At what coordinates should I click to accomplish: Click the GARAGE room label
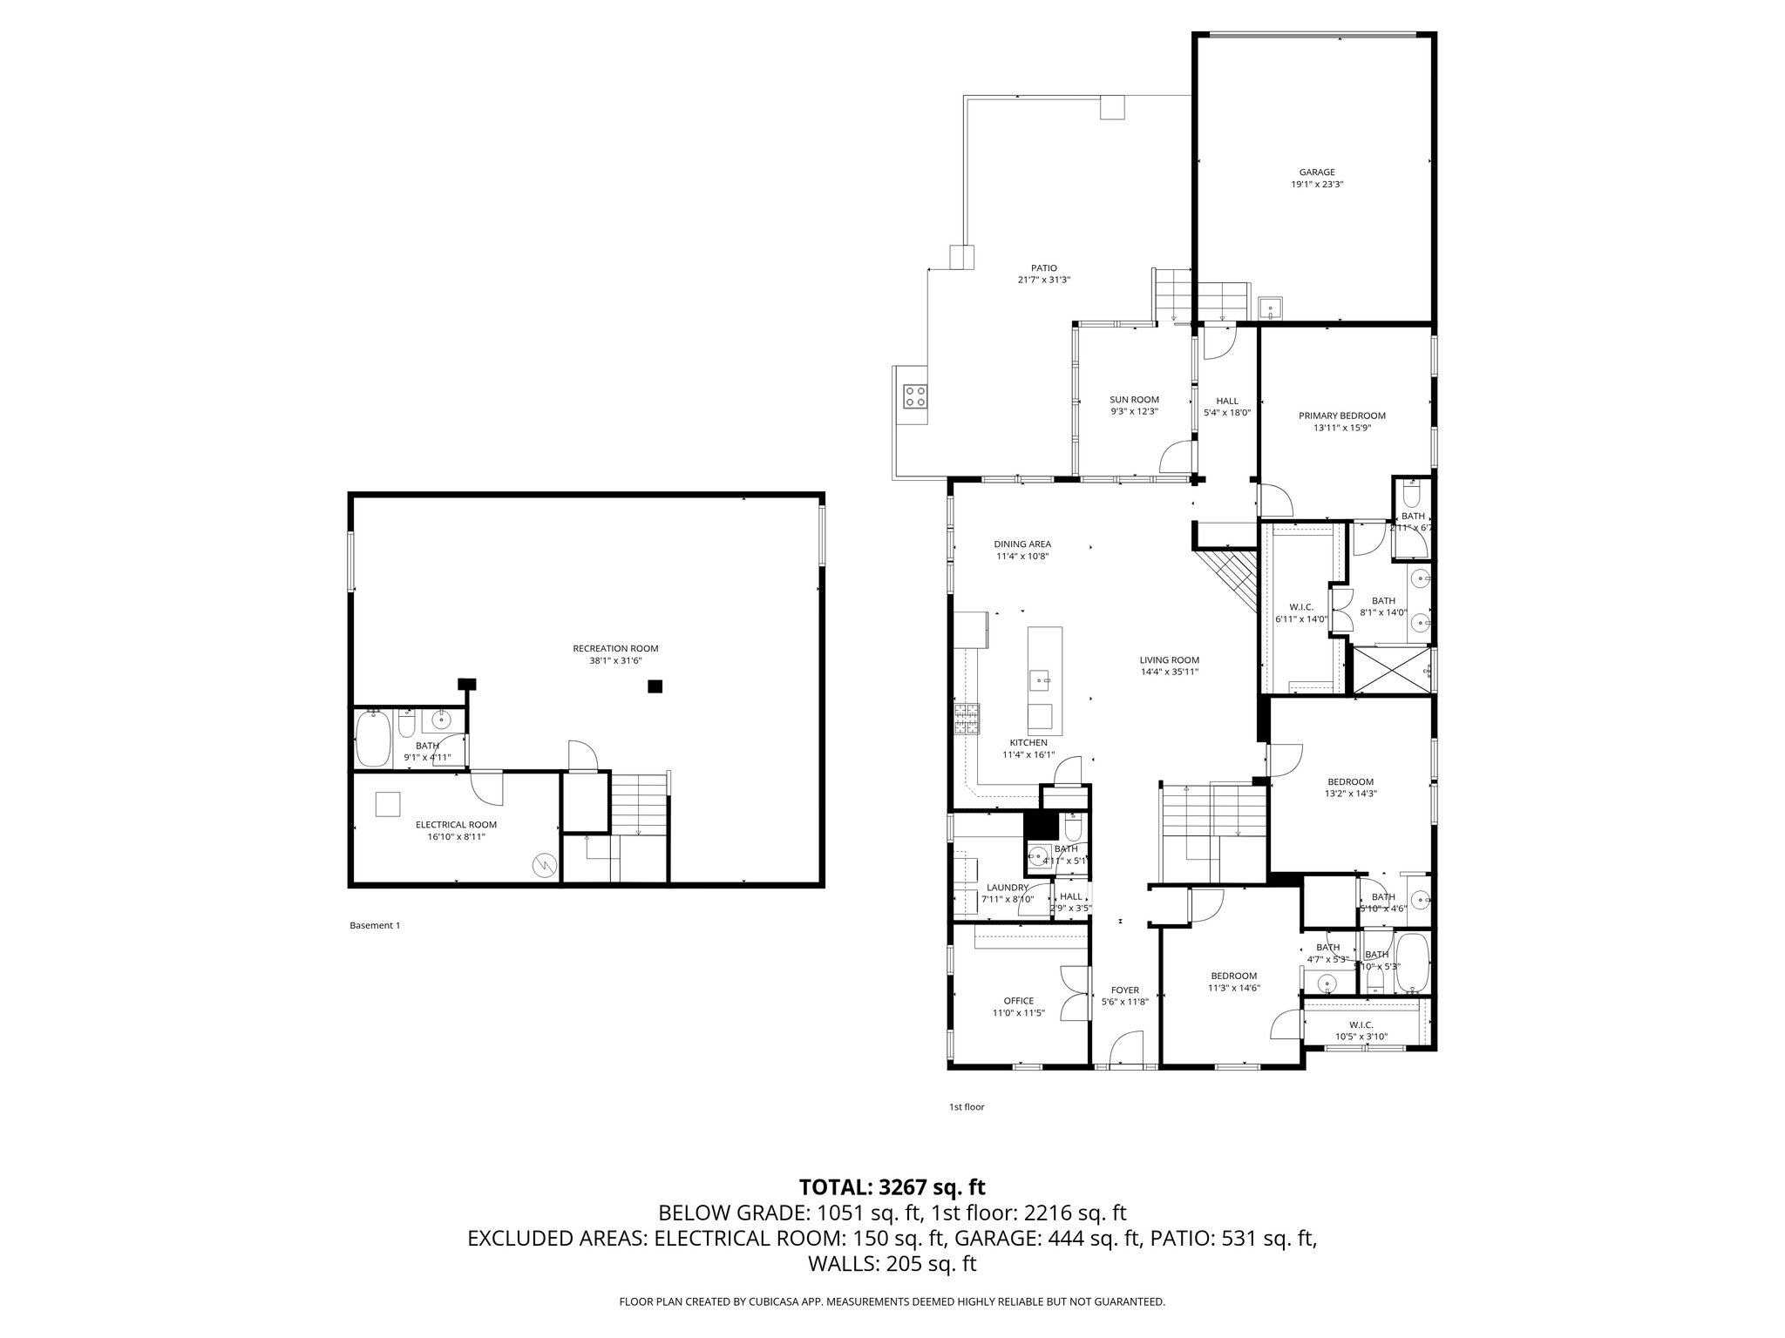[1317, 172]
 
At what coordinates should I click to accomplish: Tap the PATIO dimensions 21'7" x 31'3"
[1043, 280]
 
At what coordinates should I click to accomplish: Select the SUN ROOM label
[1134, 400]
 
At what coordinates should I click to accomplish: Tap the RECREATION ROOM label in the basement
[615, 648]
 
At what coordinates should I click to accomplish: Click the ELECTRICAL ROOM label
[456, 824]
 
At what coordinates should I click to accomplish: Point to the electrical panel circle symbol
[544, 864]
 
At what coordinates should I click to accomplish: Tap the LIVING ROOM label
[1170, 659]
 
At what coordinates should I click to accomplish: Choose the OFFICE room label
[1018, 1001]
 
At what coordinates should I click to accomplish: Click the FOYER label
[1124, 990]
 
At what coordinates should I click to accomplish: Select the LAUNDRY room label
[1005, 888]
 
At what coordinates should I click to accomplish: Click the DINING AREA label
[1022, 544]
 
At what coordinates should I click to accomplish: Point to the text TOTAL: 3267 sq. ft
[892, 1186]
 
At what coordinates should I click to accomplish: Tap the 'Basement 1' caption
[374, 925]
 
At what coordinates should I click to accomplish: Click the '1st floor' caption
[966, 1107]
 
